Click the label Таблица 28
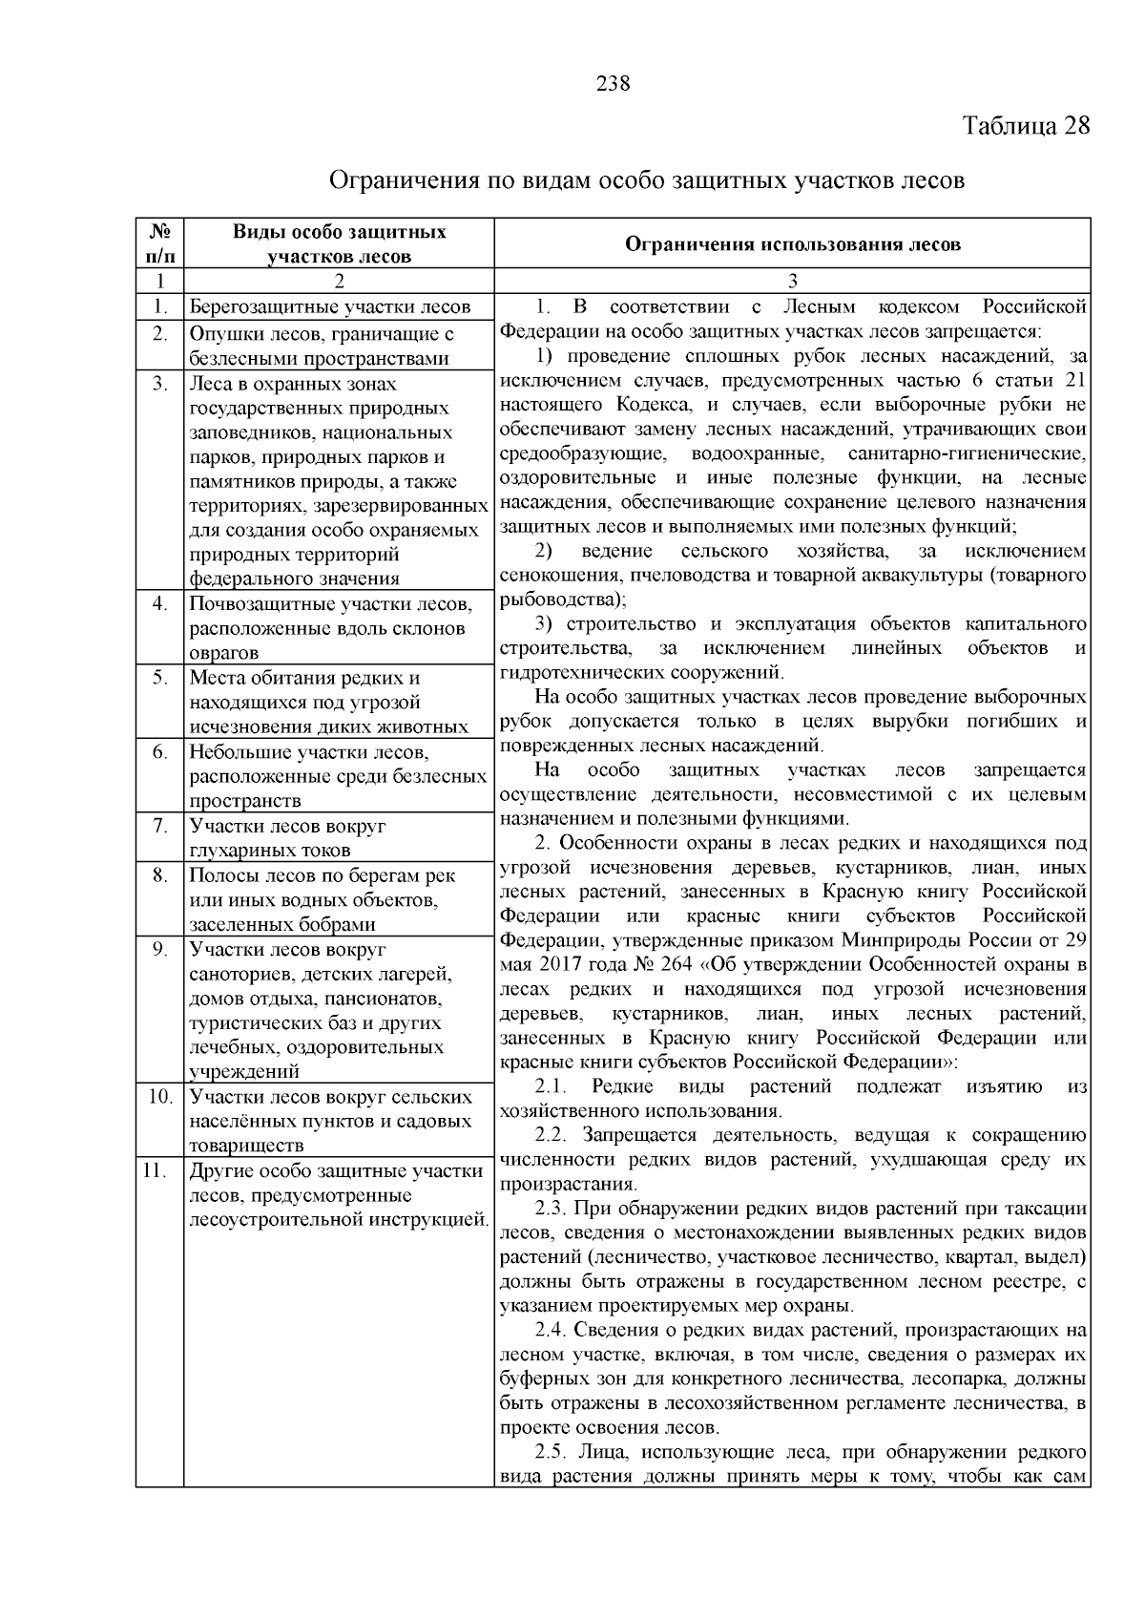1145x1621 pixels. [x=1026, y=126]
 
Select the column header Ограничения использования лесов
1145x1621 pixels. [x=792, y=243]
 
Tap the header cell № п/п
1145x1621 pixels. [x=159, y=243]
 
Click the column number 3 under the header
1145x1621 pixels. [x=792, y=282]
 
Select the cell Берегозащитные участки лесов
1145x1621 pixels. [x=330, y=307]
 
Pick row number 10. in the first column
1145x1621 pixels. [x=157, y=1097]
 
